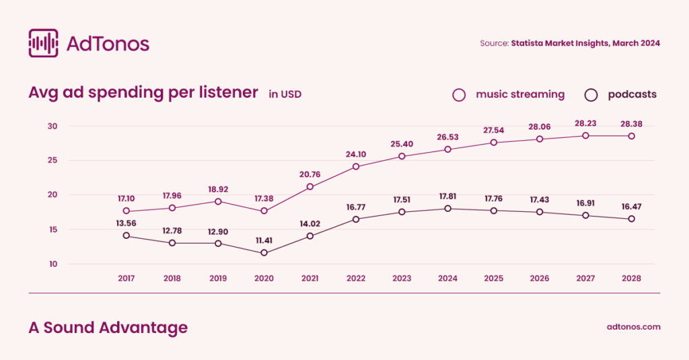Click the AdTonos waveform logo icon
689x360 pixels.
tap(43, 43)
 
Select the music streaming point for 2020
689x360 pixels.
tap(264, 211)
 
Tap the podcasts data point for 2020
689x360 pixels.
tap(264, 253)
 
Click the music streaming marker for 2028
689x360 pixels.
tap(631, 136)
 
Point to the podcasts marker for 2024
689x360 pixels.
tap(447, 209)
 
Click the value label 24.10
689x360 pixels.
tap(356, 153)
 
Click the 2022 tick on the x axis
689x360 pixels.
tap(356, 278)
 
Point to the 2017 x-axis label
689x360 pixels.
tap(126, 278)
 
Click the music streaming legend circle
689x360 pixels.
tap(460, 95)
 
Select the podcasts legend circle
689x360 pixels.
tap(591, 95)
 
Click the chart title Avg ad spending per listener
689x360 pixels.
tap(143, 93)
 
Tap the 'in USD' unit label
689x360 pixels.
tap(285, 95)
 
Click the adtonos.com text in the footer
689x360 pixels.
tap(633, 327)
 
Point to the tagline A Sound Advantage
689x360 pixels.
tap(108, 328)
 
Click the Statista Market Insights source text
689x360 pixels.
tap(585, 43)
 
